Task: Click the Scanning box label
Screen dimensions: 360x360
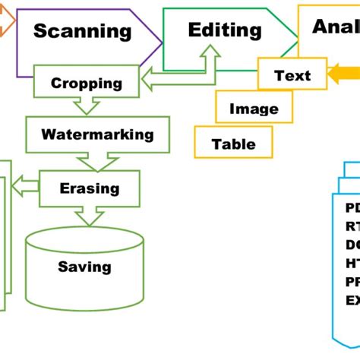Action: coord(83,31)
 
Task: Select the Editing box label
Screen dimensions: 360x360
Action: coord(225,30)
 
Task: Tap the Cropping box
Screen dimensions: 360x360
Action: coord(87,83)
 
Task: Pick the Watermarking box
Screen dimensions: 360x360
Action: coord(87,134)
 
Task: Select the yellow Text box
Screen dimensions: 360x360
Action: coord(292,75)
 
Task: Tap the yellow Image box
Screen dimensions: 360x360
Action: coord(254,109)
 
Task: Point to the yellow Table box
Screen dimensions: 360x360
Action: coord(233,144)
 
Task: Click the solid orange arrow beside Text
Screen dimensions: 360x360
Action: coord(343,75)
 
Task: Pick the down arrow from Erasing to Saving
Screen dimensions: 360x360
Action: coord(89,216)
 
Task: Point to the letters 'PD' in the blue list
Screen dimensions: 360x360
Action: coord(353,208)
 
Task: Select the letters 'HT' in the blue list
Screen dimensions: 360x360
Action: coord(353,263)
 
